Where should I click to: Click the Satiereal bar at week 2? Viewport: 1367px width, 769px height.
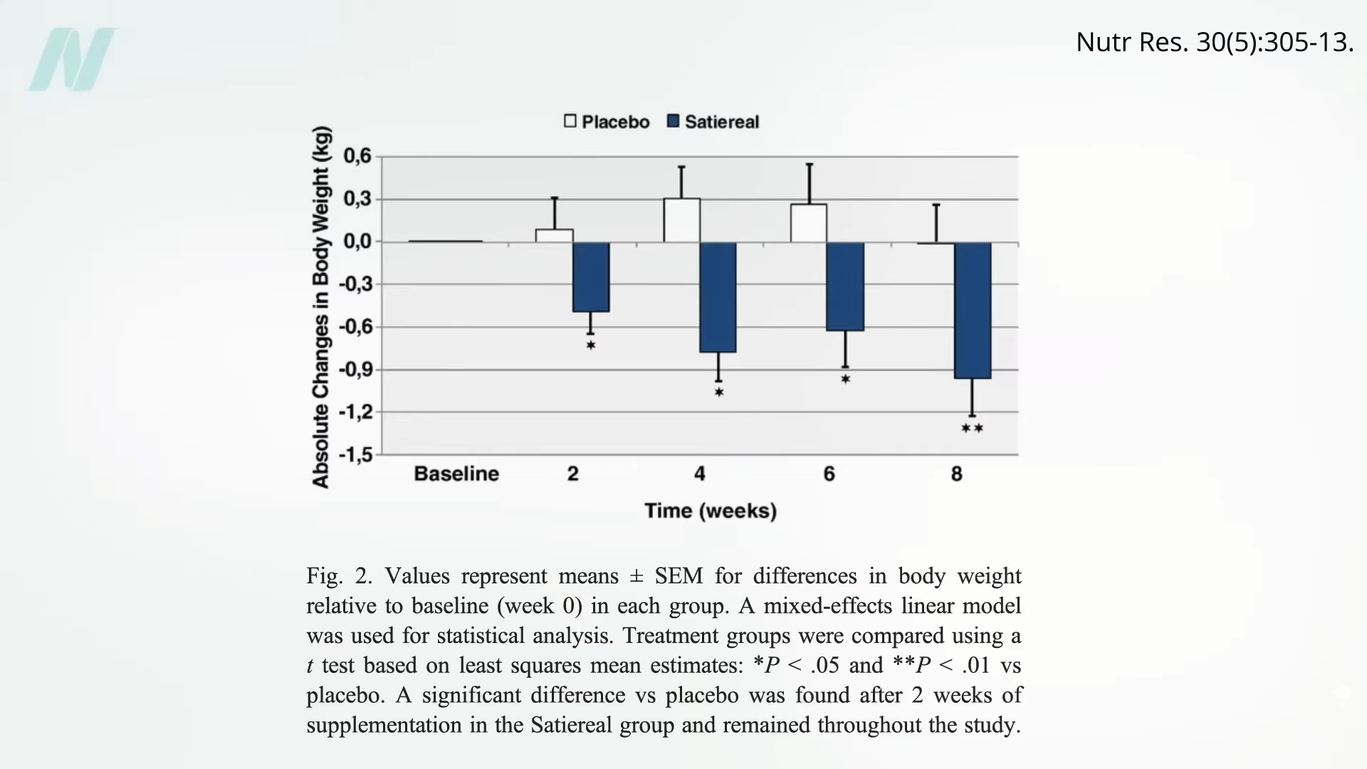(x=591, y=277)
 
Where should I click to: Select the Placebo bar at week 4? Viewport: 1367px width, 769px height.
(x=681, y=220)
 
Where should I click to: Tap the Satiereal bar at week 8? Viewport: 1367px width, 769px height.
(x=973, y=310)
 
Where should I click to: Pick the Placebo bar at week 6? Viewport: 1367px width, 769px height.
(x=809, y=223)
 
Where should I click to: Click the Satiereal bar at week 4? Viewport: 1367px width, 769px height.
(x=718, y=297)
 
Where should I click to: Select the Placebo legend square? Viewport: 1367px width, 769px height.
(x=570, y=121)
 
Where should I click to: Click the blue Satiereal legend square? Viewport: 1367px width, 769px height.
(x=673, y=121)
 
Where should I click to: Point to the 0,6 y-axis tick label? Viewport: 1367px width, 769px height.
(x=357, y=156)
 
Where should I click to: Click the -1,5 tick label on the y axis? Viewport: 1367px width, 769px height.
(x=355, y=454)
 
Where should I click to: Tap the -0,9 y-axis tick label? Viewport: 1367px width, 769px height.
(x=355, y=370)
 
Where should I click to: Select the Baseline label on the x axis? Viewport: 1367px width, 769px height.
(x=456, y=474)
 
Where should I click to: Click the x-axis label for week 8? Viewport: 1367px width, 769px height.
(x=956, y=474)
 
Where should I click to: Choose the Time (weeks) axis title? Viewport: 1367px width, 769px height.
(x=711, y=511)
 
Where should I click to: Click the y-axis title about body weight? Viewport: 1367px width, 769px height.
(x=321, y=307)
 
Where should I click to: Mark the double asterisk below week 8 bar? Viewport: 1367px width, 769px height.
(x=972, y=429)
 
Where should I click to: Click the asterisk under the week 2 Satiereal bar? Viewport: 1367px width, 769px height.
(x=591, y=346)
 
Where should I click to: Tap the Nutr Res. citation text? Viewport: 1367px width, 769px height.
(x=1214, y=42)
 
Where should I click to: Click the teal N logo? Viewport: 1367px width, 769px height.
(x=73, y=60)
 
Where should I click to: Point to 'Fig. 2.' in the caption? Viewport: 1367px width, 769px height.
(x=339, y=575)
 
